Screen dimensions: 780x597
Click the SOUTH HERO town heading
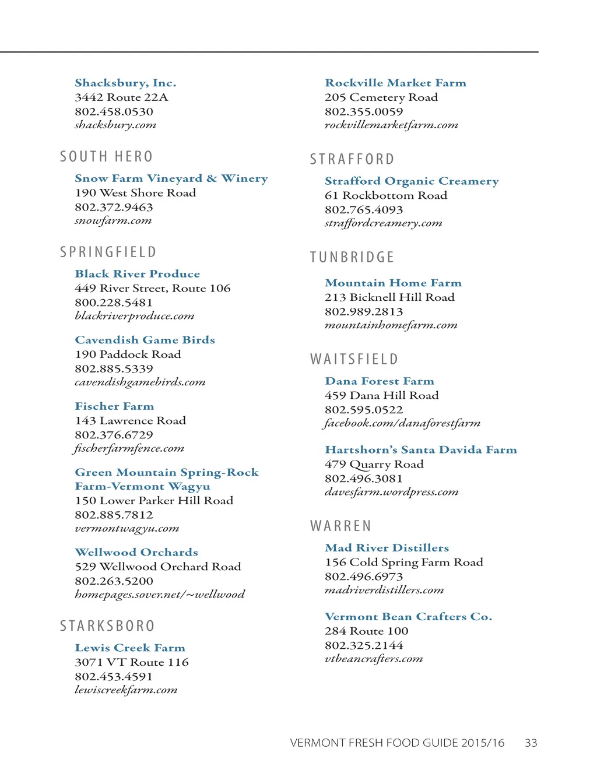pyautogui.click(x=106, y=157)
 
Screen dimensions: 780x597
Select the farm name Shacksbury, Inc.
pyautogui.click(x=125, y=83)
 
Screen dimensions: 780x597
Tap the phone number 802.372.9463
pyautogui.click(x=114, y=207)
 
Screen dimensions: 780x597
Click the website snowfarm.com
pyautogui.click(x=113, y=220)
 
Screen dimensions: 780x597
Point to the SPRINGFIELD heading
pyautogui.click(x=108, y=252)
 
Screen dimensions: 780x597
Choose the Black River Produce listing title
pyautogui.click(x=137, y=273)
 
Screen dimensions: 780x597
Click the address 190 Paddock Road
pyautogui.click(x=128, y=354)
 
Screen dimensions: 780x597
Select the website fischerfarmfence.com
pyautogui.click(x=129, y=448)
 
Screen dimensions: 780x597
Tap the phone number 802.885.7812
pyautogui.click(x=114, y=515)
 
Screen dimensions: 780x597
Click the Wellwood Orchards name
pyautogui.click(x=136, y=552)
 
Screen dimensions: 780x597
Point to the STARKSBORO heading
pyautogui.click(x=107, y=626)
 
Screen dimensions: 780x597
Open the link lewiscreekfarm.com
pyautogui.click(x=126, y=690)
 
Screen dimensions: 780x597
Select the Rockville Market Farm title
pyautogui.click(x=395, y=83)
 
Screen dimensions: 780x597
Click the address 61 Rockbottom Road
pyautogui.click(x=386, y=195)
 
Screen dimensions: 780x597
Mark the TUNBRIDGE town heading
pyautogui.click(x=352, y=257)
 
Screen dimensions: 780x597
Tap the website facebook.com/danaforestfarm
pyautogui.click(x=402, y=423)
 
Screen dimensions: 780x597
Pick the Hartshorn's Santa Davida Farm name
pyautogui.click(x=420, y=449)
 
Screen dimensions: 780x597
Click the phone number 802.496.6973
pyautogui.click(x=364, y=576)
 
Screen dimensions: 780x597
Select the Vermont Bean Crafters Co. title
pyautogui.click(x=408, y=616)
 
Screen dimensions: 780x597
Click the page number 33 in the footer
pyautogui.click(x=531, y=743)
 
